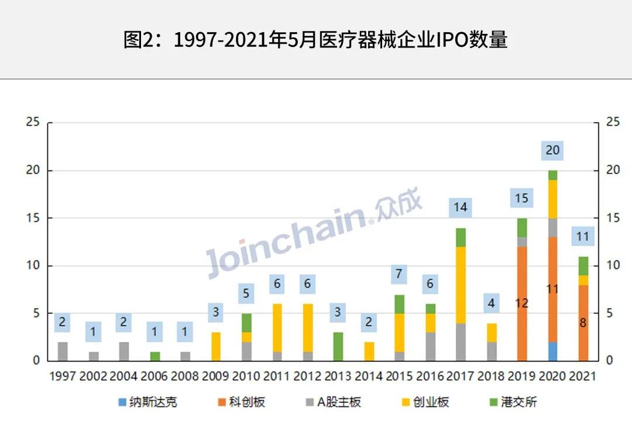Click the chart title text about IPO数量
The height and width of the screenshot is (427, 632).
coord(315,39)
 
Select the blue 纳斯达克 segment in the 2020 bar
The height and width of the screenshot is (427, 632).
coord(552,351)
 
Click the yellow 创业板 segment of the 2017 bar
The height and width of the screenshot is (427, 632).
coord(461,285)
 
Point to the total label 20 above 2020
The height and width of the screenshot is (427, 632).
coord(552,151)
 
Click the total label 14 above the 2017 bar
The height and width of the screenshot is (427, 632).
coord(461,207)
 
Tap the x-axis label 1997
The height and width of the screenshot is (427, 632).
coord(63,376)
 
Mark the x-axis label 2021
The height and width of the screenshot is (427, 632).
coord(583,376)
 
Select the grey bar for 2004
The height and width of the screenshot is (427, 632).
coord(124,351)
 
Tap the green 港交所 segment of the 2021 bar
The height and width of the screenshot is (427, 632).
coord(583,265)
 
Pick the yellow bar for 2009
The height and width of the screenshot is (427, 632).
coord(216,346)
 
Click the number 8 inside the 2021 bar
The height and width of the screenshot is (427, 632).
coord(583,322)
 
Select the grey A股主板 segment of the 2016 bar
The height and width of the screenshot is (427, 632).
coord(431,346)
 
